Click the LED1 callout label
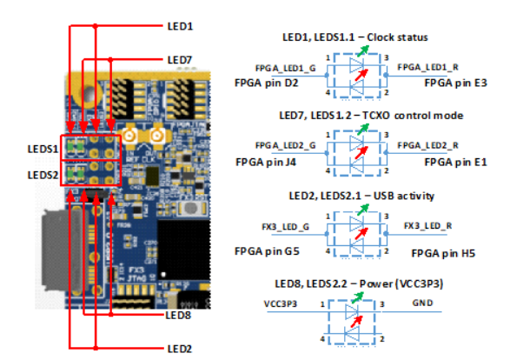[180, 27]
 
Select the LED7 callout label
[180, 59]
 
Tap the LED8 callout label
[180, 315]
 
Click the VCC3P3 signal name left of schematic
[280, 306]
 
